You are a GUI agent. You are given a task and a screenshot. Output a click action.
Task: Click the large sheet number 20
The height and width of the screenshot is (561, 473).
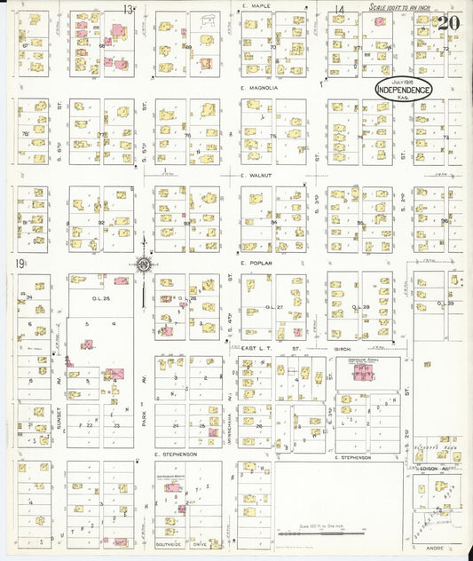point(448,22)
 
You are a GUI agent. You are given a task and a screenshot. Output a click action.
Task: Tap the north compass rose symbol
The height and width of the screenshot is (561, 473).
point(143,263)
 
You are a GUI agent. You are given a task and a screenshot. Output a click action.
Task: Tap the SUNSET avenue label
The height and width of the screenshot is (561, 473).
point(57,409)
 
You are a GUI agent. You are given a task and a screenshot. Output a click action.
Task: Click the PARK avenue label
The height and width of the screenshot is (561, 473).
point(143,409)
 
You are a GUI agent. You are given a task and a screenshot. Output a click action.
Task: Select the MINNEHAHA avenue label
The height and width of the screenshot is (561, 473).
point(230,409)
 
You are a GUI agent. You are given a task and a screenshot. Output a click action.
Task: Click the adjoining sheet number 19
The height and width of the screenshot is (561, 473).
point(19,263)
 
